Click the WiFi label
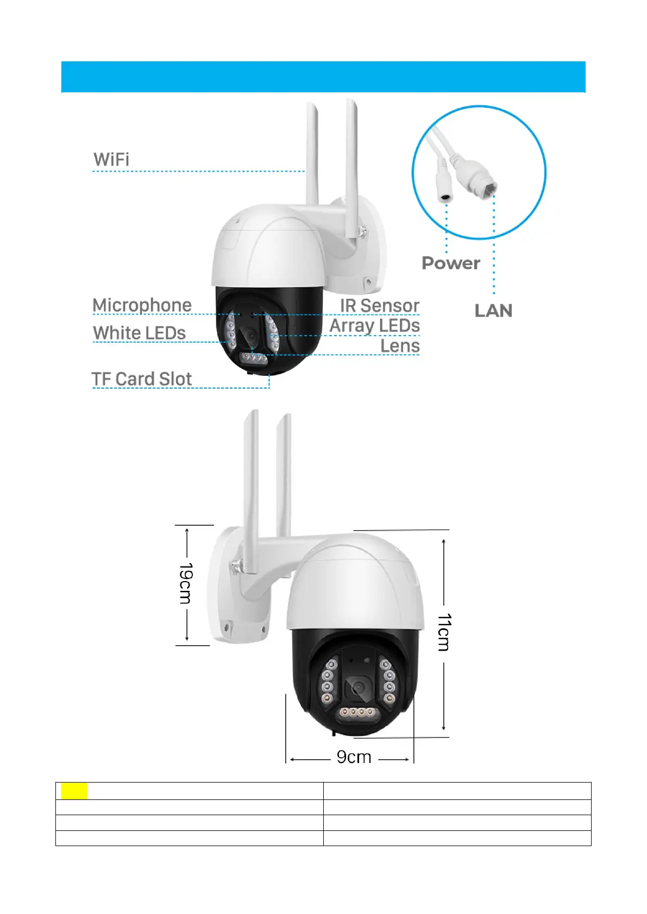point(111,160)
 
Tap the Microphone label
point(142,305)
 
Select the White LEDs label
point(139,333)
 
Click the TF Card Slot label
point(142,379)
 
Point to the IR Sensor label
point(380,306)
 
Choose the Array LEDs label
point(375,326)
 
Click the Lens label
point(400,346)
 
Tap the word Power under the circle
point(451,263)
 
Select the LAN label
point(493,311)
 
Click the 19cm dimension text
point(185,583)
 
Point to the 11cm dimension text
point(444,632)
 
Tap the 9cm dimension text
point(354,757)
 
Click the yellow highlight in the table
point(74,791)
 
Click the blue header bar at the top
point(323,77)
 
